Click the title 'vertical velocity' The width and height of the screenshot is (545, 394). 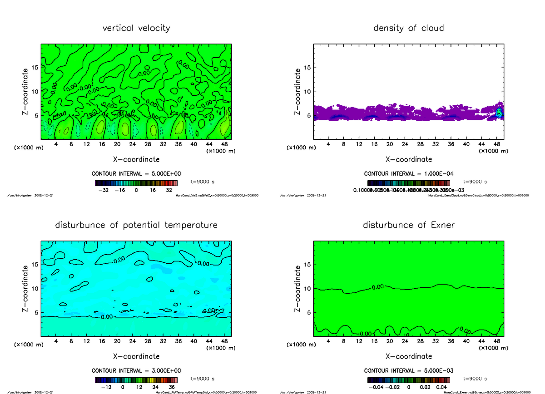click(x=136, y=28)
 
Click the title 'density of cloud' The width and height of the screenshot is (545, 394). click(x=408, y=28)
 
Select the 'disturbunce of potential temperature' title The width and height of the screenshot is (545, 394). click(x=136, y=225)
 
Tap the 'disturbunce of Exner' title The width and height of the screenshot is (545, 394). click(x=408, y=225)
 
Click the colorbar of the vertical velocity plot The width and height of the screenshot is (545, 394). click(x=136, y=183)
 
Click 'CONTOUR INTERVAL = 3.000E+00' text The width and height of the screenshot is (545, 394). click(x=136, y=370)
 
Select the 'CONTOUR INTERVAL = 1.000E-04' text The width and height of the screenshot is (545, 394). click(x=408, y=174)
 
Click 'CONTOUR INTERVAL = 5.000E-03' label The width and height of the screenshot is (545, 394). click(x=408, y=370)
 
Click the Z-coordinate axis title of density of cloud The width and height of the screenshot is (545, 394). click(x=298, y=91)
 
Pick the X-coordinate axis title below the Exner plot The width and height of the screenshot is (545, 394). click(x=408, y=356)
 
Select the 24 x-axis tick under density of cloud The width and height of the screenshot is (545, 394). click(x=405, y=144)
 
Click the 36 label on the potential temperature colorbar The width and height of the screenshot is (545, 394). click(x=173, y=388)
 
